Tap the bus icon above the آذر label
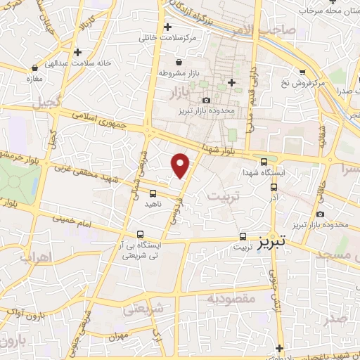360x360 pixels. (x=274, y=188)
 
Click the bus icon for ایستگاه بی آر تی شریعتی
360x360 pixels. (x=141, y=234)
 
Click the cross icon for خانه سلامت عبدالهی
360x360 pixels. (x=77, y=52)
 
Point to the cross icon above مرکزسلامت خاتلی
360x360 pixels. (x=167, y=27)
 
